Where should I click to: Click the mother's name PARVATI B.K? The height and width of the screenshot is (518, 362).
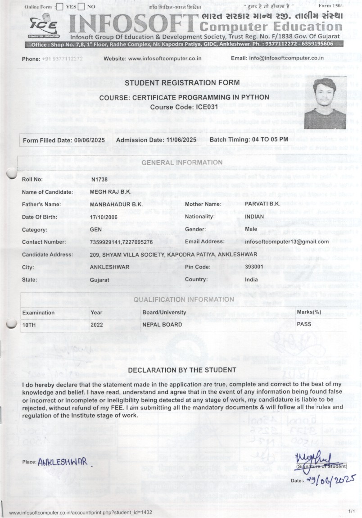262,204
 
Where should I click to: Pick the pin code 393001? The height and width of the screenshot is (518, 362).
254,267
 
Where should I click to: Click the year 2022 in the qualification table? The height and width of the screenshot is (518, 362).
96,324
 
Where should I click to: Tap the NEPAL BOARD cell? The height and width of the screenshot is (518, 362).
163,324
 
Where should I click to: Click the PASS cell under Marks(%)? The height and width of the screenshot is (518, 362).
304,324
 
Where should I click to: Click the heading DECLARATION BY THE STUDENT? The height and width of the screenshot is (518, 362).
182,370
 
